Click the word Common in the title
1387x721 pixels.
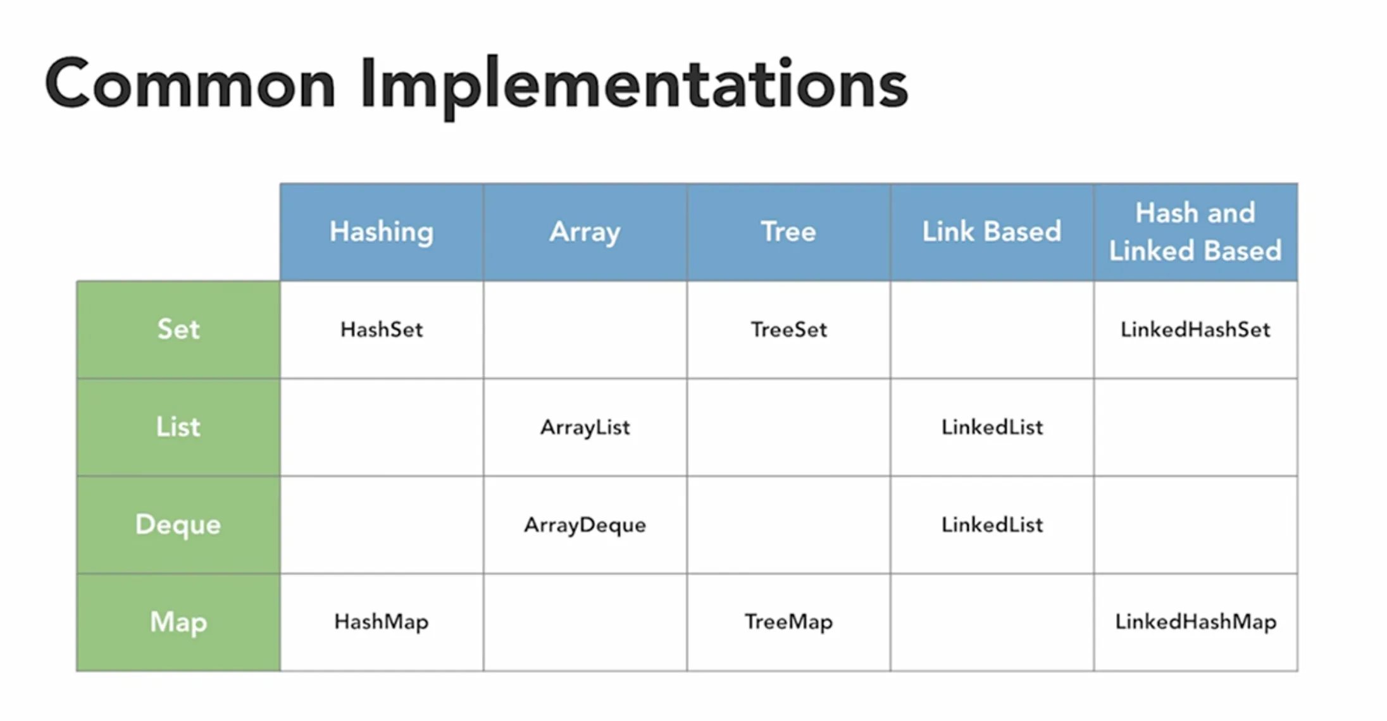pos(190,84)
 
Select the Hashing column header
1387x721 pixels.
pos(382,231)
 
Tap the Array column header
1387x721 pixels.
pos(585,231)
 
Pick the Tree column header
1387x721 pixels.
pos(788,231)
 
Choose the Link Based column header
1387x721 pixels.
pos(992,231)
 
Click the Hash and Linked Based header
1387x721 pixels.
pos(1195,231)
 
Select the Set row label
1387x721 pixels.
pos(178,330)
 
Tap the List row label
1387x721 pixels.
pos(178,427)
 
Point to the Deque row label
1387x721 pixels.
pos(178,524)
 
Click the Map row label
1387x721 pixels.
pos(178,622)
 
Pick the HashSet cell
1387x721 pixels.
pos(382,330)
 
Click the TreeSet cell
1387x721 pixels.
pos(788,330)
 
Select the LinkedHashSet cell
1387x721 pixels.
pos(1195,330)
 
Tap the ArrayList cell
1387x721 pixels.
pos(585,427)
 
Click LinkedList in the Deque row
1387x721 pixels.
pos(992,524)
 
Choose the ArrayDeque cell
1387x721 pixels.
pos(585,524)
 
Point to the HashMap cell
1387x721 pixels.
pos(382,622)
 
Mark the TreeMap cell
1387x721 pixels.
pos(788,622)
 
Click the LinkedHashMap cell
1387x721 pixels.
pos(1195,622)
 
